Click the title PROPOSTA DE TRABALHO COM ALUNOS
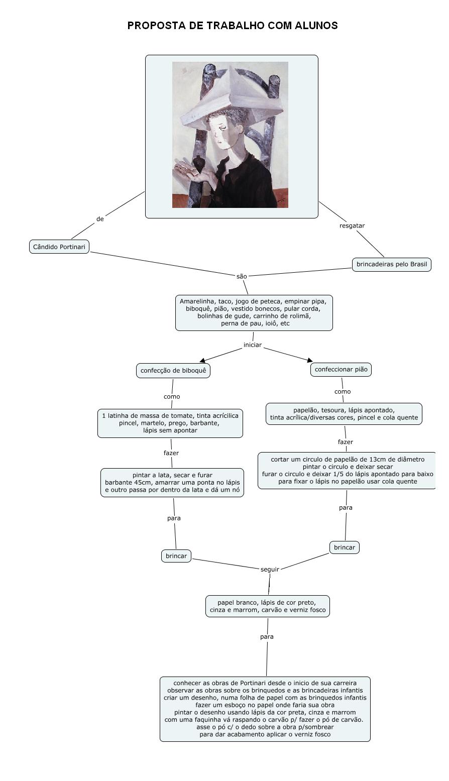tap(232, 26)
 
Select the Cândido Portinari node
tap(59, 247)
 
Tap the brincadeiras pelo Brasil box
tap(391, 264)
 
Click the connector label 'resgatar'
tap(352, 226)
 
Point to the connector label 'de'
tap(100, 219)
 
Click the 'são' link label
tap(242, 276)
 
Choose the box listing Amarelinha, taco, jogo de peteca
tap(254, 312)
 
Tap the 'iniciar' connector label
tap(252, 345)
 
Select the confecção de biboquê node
tap(173, 371)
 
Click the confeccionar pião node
tap(342, 369)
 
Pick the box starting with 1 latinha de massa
tap(170, 423)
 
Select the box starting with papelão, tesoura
tap(344, 414)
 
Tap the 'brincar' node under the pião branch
tap(344, 547)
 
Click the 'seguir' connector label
tap(270, 569)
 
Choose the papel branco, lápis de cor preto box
tap(267, 606)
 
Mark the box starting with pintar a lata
tap(172, 482)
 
